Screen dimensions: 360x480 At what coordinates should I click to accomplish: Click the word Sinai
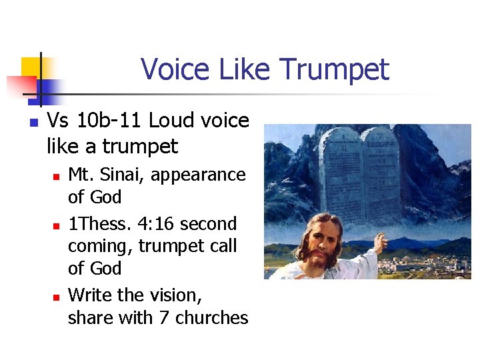coord(122,175)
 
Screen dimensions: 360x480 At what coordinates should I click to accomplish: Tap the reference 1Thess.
coord(99,223)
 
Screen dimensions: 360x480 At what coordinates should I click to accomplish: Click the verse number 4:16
coord(154,223)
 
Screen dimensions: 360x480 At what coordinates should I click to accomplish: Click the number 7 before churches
coord(164,318)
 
